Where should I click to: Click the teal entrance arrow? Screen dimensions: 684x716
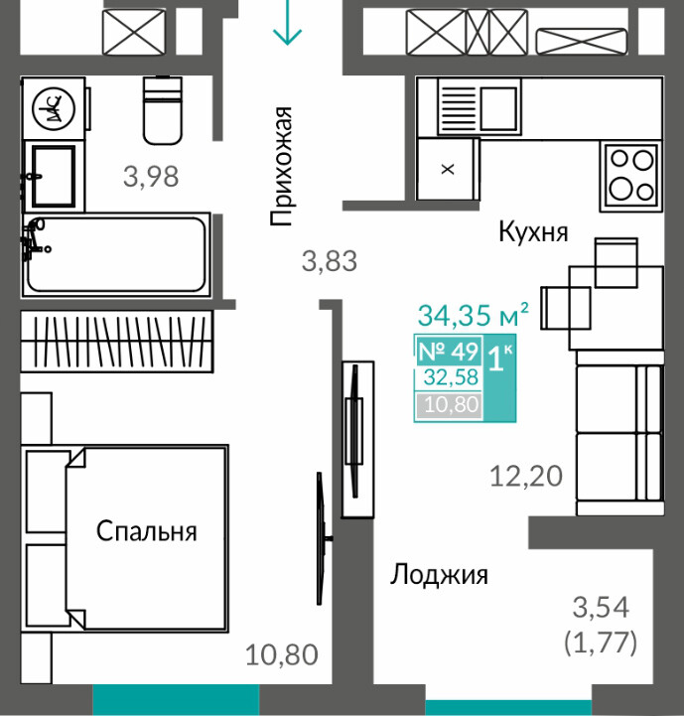click(287, 22)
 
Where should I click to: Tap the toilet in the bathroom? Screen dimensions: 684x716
click(163, 110)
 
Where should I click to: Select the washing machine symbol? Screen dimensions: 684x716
click(54, 108)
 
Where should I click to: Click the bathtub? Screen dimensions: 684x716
click(116, 254)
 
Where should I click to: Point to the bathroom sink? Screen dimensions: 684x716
click(54, 176)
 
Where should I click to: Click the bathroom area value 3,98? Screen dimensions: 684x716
click(151, 177)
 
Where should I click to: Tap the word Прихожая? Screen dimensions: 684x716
click(280, 166)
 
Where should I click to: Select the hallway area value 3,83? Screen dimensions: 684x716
click(330, 261)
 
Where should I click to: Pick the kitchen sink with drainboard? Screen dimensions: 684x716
click(479, 107)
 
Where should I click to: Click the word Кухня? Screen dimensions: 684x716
click(533, 232)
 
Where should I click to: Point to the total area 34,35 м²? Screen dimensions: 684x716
click(474, 315)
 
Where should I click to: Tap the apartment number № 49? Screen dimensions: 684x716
click(448, 352)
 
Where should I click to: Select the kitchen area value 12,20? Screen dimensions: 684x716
click(526, 477)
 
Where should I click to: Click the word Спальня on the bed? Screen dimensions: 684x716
click(147, 531)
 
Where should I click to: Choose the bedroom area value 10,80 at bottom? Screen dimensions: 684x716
click(282, 654)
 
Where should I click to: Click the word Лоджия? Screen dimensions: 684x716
click(439, 575)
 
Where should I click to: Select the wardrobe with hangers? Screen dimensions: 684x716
click(117, 341)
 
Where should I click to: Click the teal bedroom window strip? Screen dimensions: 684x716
click(176, 700)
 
